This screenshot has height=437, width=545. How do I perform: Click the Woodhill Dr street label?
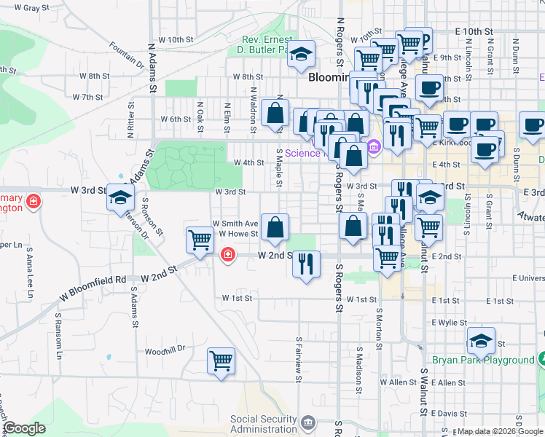pos(165,350)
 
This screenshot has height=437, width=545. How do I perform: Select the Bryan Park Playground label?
pos(493,360)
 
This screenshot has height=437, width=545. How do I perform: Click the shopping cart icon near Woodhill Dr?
pos(221,361)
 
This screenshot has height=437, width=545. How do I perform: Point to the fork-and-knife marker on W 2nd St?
pos(307,263)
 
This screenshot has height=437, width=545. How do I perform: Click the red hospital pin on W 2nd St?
pos(227,253)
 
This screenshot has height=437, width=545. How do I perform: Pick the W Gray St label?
pos(20,8)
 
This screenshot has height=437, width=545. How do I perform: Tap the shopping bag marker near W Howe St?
pos(275,227)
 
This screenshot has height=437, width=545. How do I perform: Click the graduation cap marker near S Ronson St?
pos(120,197)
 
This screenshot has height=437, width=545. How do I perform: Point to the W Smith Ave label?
pos(235,224)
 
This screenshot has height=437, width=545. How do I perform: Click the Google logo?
pos(25,428)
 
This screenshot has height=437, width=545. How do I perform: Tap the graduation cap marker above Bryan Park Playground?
pos(481,340)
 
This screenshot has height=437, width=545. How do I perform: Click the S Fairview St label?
pos(299,359)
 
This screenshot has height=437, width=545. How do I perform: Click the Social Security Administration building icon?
pos(307,422)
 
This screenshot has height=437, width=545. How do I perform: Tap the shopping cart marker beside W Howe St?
pos(200,240)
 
